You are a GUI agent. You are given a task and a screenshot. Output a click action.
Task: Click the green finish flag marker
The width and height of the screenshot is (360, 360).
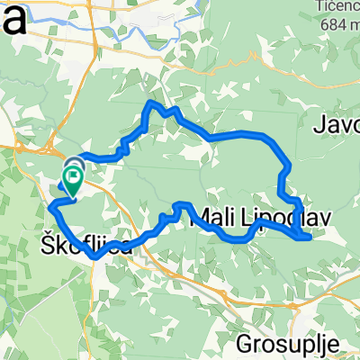[71, 180]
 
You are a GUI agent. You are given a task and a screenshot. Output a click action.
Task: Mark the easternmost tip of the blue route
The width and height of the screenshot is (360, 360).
[310, 238]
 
